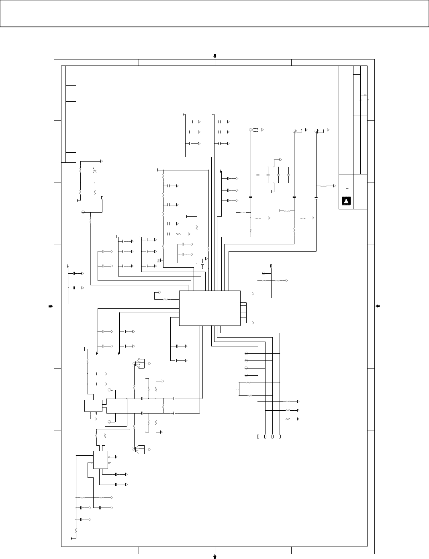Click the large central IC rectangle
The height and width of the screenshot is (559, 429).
pyautogui.click(x=209, y=308)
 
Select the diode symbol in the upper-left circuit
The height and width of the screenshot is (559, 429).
pyautogui.click(x=95, y=171)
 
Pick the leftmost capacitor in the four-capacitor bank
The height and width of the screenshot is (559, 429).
pyautogui.click(x=257, y=176)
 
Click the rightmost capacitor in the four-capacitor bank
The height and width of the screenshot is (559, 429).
pyautogui.click(x=288, y=176)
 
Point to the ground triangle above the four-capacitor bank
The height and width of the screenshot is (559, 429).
pyautogui.click(x=280, y=159)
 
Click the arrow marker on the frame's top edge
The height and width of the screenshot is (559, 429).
pyautogui.click(x=215, y=56)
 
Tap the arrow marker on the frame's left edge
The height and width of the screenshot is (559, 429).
pyautogui.click(x=51, y=306)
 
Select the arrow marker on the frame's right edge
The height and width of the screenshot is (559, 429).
pyautogui.click(x=378, y=306)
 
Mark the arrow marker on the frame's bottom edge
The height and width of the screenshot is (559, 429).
pyautogui.click(x=215, y=556)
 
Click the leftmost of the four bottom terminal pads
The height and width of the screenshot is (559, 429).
pyautogui.click(x=258, y=436)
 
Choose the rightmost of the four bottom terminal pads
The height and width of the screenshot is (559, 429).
pyautogui.click(x=280, y=436)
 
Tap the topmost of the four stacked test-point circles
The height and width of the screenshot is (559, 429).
pyautogui.click(x=246, y=354)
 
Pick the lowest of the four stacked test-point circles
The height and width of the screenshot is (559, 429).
pyautogui.click(x=246, y=375)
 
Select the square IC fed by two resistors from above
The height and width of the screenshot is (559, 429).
pyautogui.click(x=100, y=459)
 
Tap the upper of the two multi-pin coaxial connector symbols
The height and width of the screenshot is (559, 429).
pyautogui.click(x=139, y=364)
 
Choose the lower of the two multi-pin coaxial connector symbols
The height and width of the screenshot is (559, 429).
pyautogui.click(x=139, y=449)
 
